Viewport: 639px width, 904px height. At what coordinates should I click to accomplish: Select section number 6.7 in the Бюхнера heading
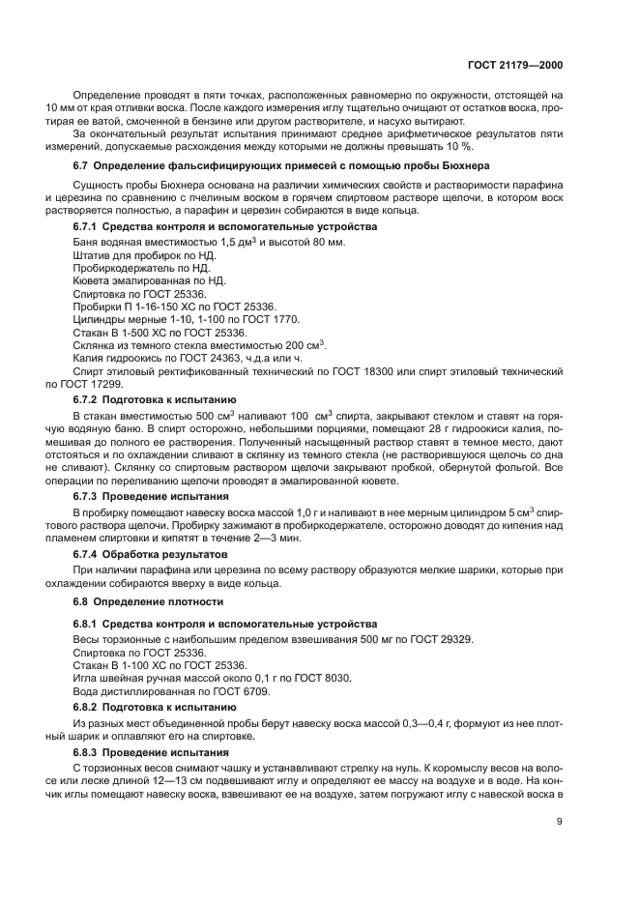[83, 165]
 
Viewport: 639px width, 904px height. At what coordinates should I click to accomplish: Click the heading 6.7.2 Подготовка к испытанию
[155, 397]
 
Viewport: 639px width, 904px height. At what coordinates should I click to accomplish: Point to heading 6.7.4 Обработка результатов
[154, 554]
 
